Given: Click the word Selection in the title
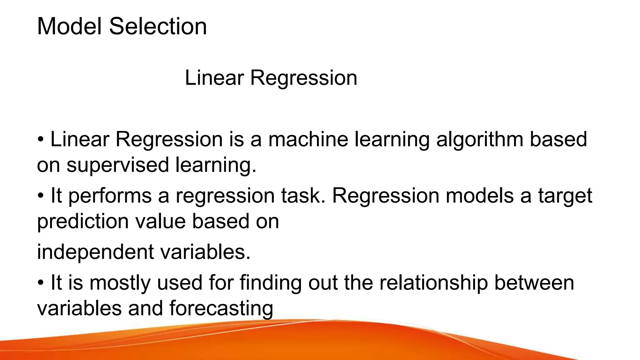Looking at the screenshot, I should (x=158, y=26).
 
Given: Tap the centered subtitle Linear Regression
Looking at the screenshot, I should (x=271, y=77).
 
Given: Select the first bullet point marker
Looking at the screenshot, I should (x=41, y=139).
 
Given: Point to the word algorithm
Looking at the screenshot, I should (x=479, y=140).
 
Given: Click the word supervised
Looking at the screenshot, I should (x=117, y=165).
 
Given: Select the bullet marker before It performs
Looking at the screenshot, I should (x=41, y=196).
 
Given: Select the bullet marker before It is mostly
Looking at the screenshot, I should (x=41, y=283).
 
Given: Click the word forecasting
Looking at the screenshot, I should (x=221, y=309).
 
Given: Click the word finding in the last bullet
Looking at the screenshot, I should (x=270, y=283).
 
